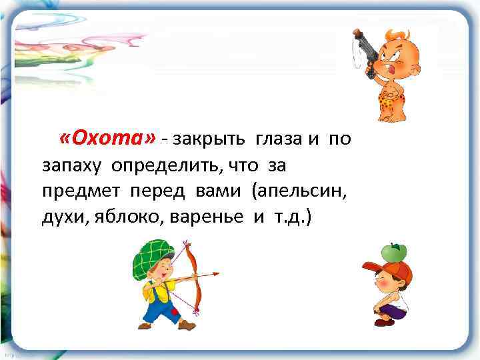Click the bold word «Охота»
click(107, 138)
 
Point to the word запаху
click(72, 165)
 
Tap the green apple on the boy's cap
click(393, 251)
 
